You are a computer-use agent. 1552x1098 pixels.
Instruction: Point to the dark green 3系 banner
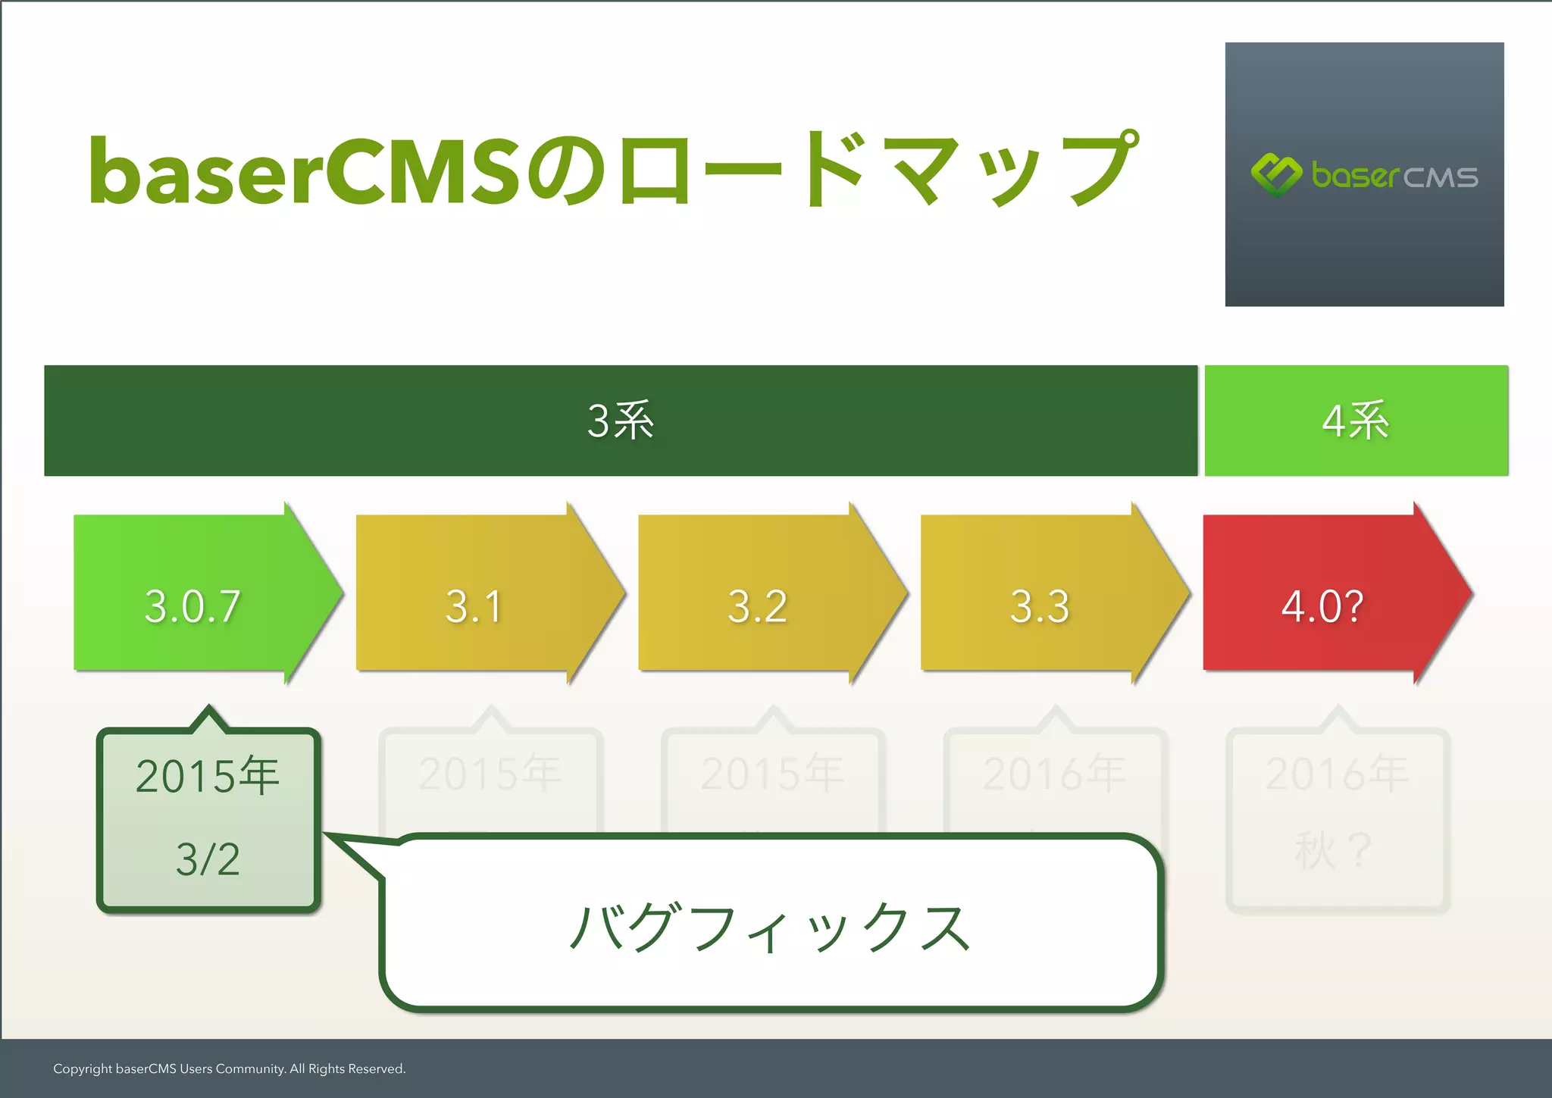pyautogui.click(x=620, y=421)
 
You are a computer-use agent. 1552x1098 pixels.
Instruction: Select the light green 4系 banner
pyautogui.click(x=1356, y=421)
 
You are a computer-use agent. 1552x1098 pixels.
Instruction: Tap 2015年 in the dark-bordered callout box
pyautogui.click(x=208, y=777)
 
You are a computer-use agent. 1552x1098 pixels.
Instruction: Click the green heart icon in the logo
pyautogui.click(x=1276, y=174)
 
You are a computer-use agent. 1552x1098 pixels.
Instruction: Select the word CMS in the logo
pyautogui.click(x=1440, y=178)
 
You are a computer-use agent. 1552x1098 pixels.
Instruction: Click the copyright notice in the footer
pyautogui.click(x=230, y=1068)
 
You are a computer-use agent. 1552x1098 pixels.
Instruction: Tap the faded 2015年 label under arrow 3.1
pyautogui.click(x=490, y=774)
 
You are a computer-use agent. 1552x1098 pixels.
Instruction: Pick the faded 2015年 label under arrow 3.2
pyautogui.click(x=771, y=774)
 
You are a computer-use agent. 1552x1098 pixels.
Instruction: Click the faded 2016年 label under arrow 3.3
pyautogui.click(x=1054, y=774)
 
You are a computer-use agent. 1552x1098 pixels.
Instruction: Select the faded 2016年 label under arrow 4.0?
pyautogui.click(x=1337, y=774)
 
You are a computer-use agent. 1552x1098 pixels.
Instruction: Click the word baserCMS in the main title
pyautogui.click(x=303, y=172)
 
